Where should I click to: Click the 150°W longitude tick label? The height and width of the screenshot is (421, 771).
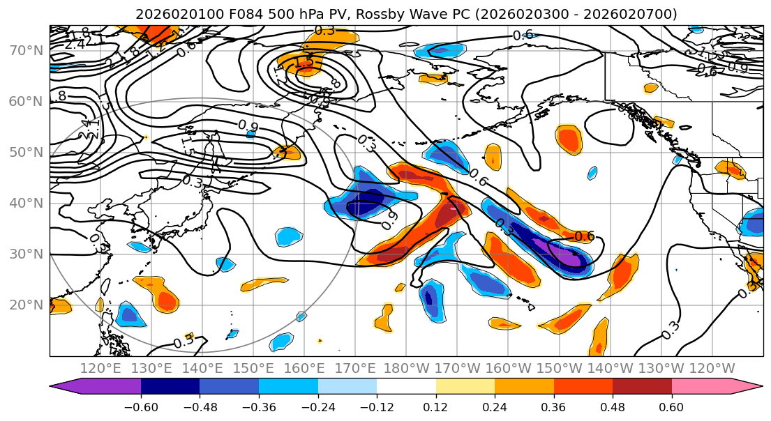point(559,368)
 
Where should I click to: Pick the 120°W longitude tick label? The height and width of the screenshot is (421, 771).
point(712,368)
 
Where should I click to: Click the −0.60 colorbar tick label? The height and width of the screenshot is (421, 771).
point(140,406)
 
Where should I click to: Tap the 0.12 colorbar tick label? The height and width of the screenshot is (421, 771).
point(435,406)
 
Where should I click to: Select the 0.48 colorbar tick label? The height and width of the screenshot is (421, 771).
point(613,406)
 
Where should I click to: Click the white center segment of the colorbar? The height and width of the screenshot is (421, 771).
point(406,387)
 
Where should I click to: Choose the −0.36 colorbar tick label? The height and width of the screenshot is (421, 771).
point(258,406)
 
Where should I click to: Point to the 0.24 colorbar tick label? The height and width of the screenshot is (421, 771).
point(495,406)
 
